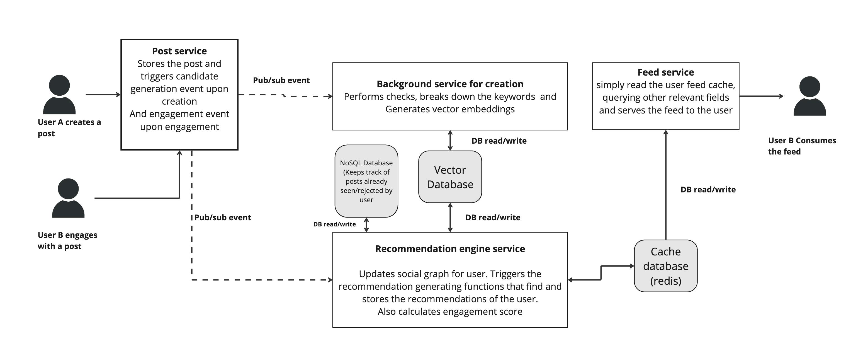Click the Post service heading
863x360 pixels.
[179, 51]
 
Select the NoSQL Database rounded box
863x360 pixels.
[366, 181]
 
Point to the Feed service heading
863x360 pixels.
[665, 72]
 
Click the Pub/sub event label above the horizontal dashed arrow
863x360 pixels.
[281, 80]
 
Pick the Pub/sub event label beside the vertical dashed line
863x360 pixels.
[222, 217]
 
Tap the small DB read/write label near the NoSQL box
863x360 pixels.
[334, 224]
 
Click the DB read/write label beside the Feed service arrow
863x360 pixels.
[708, 189]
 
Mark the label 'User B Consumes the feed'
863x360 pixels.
[801, 146]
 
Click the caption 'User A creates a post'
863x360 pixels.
[69, 127]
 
